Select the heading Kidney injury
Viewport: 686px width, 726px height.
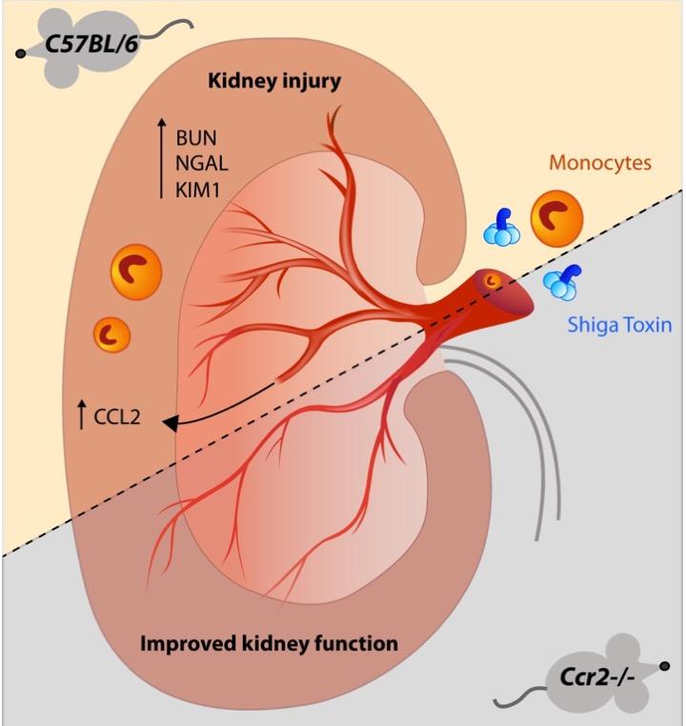(x=274, y=83)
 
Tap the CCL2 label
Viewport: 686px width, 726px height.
(x=118, y=414)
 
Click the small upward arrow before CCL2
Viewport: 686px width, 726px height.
(x=80, y=414)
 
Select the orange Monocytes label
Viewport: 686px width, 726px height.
(x=600, y=163)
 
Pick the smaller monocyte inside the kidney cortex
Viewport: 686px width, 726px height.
(x=111, y=334)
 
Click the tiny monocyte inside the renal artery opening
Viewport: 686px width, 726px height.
(x=493, y=281)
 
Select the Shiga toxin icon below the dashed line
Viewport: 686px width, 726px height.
(x=563, y=281)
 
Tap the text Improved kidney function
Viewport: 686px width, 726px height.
(x=269, y=644)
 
